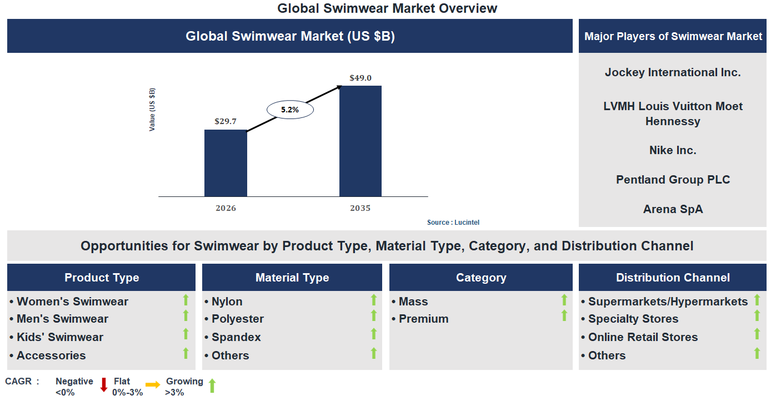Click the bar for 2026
[226, 163]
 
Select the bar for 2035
[361, 141]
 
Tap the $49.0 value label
[361, 78]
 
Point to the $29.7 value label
[226, 121]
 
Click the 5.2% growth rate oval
[290, 110]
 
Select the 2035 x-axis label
[360, 208]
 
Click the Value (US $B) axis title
[152, 110]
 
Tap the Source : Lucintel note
[453, 223]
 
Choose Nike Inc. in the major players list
[673, 150]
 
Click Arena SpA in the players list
[673, 209]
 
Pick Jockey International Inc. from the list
[673, 72]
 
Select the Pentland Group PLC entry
[673, 180]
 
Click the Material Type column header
[292, 278]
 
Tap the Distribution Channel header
[673, 278]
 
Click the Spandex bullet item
[236, 337]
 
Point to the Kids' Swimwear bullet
[60, 337]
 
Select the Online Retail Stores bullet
[643, 337]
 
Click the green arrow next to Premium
[564, 316]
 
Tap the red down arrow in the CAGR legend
[104, 385]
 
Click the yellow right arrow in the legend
[153, 384]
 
